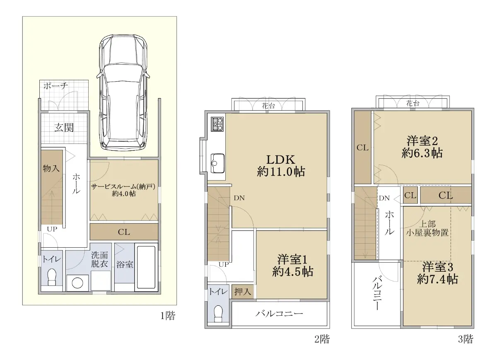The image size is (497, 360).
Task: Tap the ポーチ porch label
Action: coord(55,86)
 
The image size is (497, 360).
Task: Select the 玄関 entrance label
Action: coord(64,128)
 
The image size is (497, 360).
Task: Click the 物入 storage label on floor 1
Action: coord(51,169)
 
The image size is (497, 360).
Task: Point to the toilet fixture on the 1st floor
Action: coord(52,277)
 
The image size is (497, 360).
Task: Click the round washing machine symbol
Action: coord(78,283)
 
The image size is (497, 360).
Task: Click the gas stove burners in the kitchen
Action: coord(218,124)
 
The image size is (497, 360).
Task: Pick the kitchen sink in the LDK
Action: coord(217,163)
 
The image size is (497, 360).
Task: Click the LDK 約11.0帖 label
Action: coord(281,166)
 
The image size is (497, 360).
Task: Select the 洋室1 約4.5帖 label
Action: coord(293,266)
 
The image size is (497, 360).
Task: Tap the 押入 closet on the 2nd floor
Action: coord(243,292)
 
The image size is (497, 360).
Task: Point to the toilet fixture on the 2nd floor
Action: coord(218,314)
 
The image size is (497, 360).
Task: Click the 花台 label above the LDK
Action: coord(268,106)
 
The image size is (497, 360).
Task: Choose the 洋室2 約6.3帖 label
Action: coord(422,147)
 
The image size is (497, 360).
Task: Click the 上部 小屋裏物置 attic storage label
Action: coord(427,228)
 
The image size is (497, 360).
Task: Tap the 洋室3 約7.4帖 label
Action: coord(437,273)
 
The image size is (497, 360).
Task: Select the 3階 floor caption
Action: coord(466,339)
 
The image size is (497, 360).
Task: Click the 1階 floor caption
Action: coord(168,316)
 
